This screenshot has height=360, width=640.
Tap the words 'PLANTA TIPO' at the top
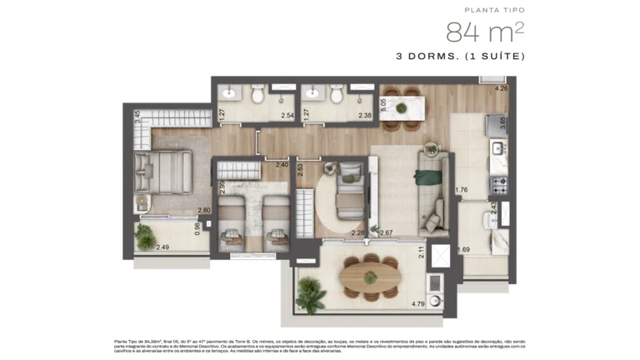[x=495, y=10]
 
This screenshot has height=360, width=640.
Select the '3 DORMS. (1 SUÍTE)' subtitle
[x=461, y=57]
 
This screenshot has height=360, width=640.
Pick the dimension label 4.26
[x=502, y=88]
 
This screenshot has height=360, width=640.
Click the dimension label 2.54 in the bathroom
[x=287, y=116]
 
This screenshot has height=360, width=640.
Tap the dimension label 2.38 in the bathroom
[x=365, y=116]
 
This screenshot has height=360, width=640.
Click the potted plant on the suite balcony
[x=147, y=237]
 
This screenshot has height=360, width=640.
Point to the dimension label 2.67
[x=386, y=232]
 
